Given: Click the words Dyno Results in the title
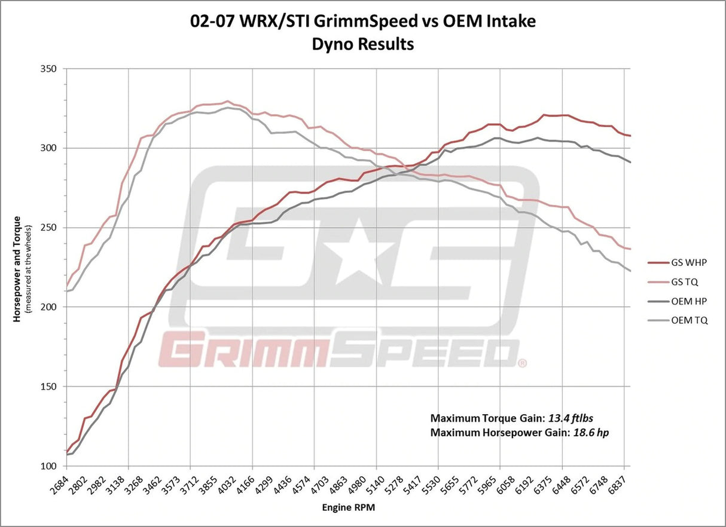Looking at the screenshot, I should pos(363,44).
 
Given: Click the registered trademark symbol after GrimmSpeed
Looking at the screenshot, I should pos(522,363).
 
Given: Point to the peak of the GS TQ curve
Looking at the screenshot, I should pos(227,101).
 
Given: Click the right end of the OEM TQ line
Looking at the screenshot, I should pos(631,271).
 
